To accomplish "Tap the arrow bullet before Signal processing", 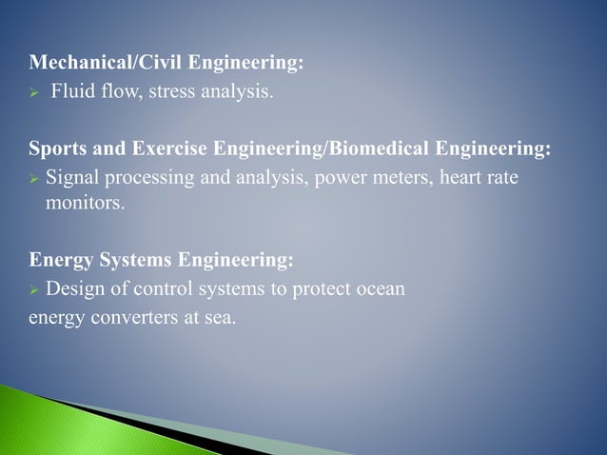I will [x=34, y=178].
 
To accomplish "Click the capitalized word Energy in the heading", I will [x=58, y=260].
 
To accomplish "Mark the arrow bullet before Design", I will [x=34, y=288].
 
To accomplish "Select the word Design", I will [x=72, y=287].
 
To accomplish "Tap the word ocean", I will [x=379, y=287].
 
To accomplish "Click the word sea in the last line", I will [x=219, y=316].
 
